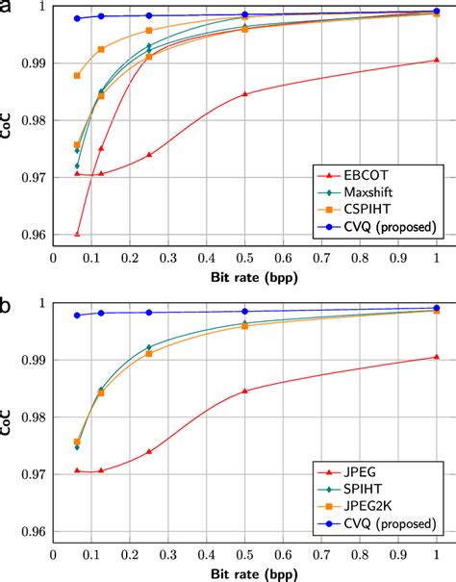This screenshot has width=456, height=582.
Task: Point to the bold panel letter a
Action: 7,9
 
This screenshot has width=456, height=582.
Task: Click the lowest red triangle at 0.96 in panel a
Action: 77,234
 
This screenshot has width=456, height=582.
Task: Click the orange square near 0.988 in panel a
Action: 77,75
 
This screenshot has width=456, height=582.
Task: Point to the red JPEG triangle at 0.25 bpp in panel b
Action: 148,451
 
